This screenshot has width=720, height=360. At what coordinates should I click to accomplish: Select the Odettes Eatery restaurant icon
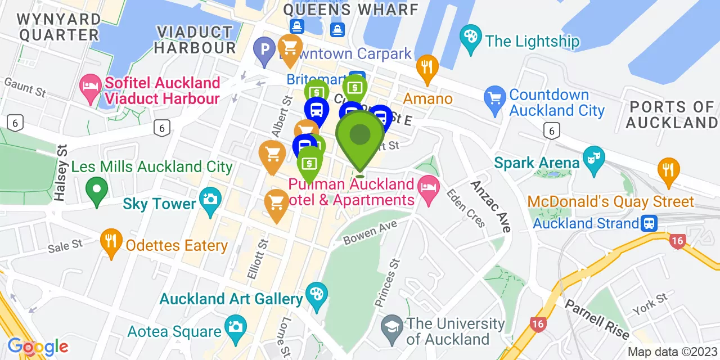tap(111, 242)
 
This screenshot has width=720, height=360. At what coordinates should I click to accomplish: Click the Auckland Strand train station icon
tap(650, 223)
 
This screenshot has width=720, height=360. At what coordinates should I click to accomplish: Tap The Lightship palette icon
tap(469, 37)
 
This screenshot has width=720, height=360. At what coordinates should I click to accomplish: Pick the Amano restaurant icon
tap(427, 68)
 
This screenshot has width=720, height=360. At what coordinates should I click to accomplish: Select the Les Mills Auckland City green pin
tap(97, 190)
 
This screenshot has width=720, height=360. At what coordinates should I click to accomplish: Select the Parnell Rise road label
tap(597, 319)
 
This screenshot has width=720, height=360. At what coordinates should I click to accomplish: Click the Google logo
tap(38, 346)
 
